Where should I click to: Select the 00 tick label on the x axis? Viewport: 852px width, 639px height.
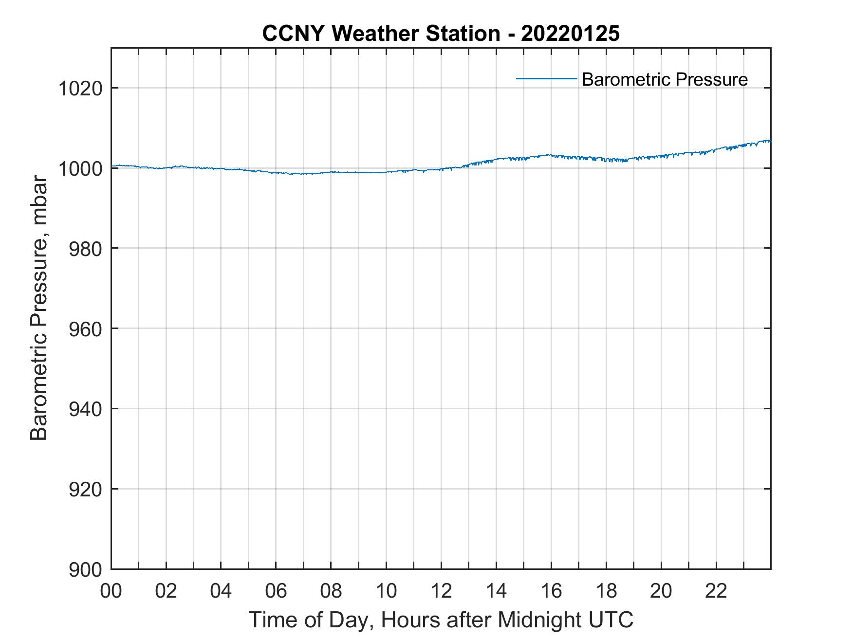point(111,591)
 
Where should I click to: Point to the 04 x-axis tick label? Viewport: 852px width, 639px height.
point(221,591)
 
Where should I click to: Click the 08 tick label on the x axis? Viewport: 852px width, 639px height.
point(331,591)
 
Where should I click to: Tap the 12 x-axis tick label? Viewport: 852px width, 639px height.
point(441,591)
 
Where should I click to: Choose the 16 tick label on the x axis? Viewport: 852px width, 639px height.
point(551,591)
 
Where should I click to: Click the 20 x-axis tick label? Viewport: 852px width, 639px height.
point(661,591)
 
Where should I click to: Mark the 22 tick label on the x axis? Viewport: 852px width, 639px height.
point(716,591)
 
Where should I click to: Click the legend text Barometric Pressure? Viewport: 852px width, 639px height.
point(665,79)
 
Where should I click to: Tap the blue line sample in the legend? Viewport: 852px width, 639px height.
point(546,78)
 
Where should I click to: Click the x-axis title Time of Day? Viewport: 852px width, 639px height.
point(441,620)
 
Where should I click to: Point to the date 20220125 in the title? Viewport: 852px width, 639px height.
point(570,34)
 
